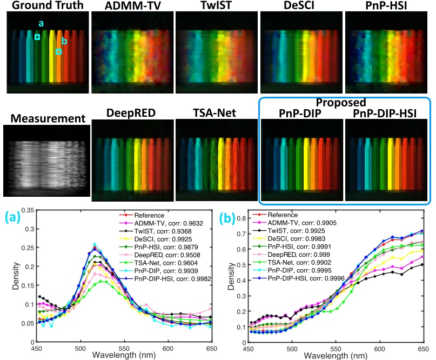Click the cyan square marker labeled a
[37, 37]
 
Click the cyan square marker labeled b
[58, 51]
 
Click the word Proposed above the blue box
[343, 102]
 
